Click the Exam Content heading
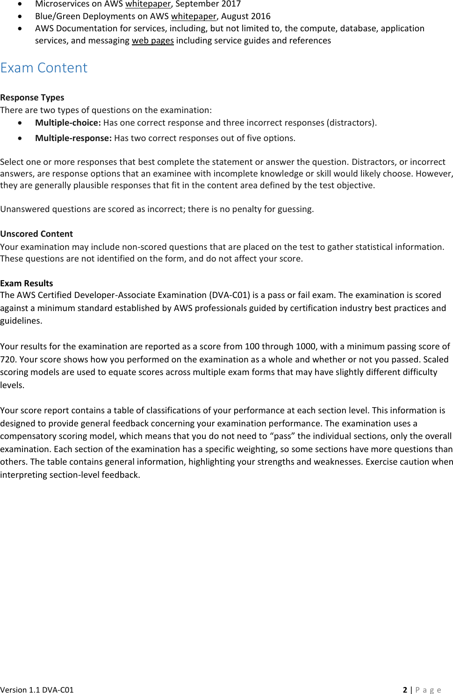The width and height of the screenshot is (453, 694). point(44,68)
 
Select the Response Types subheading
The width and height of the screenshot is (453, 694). point(32,98)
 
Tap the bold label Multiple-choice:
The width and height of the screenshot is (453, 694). point(68,123)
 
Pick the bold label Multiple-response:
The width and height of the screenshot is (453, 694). point(73,138)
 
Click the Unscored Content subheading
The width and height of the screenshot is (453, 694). point(36,234)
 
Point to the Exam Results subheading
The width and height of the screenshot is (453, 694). point(27,283)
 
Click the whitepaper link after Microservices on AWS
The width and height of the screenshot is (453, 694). point(148,4)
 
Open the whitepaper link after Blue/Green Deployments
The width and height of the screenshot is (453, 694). point(194,16)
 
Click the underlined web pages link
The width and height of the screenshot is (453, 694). point(152,41)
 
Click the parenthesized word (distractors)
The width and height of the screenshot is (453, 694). point(351,123)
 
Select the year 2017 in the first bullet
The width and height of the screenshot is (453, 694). point(231,4)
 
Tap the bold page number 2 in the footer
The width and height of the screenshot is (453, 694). point(405,690)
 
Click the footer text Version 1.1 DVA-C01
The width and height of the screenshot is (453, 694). point(37,690)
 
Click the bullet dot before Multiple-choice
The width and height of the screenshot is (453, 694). point(20,123)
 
